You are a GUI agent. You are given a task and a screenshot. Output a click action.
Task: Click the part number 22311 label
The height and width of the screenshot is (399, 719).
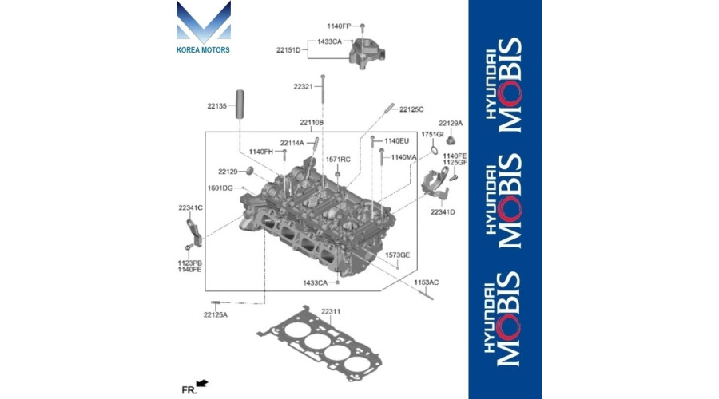pos(331,310)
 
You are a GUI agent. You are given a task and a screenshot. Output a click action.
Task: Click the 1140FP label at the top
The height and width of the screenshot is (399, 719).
pos(339,26)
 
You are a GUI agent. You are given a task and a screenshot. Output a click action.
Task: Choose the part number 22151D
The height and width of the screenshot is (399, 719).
pos(288,50)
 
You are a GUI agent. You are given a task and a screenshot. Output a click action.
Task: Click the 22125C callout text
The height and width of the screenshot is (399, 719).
pos(411,109)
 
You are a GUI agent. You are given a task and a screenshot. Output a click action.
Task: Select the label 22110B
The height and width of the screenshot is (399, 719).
pos(312,123)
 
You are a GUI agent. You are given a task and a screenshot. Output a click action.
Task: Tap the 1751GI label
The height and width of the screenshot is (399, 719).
pos(432,134)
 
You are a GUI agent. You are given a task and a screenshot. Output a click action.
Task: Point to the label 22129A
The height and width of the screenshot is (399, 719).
pos(451,124)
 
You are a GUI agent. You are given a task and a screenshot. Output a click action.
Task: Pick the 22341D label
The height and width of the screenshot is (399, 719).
pos(443,212)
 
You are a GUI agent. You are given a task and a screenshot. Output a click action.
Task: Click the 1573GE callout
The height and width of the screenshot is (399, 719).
pos(398,255)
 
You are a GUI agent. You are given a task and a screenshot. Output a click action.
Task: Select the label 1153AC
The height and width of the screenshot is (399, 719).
pos(427,282)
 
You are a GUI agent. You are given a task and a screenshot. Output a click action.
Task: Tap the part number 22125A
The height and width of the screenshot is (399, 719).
pos(215,314)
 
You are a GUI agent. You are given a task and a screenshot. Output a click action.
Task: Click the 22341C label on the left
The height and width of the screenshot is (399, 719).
pos(190,207)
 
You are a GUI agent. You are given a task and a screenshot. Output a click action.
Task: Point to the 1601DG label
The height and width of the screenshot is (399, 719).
pos(220,188)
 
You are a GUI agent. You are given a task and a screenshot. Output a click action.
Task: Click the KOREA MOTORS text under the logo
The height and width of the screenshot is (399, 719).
pos(203,49)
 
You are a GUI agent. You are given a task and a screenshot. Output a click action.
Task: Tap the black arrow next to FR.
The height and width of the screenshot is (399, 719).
pos(203,385)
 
